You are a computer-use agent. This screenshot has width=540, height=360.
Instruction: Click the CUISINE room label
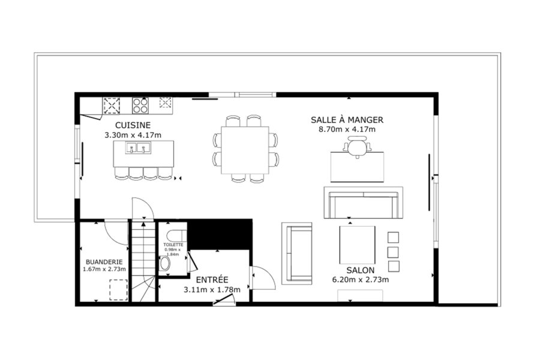coord(133,125)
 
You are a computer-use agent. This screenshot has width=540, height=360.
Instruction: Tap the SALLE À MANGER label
coord(347,120)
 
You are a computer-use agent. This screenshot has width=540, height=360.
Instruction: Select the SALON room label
coord(360,270)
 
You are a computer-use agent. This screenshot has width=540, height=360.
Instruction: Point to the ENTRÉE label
coord(212,280)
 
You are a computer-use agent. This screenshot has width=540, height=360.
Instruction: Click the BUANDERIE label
coord(104,262)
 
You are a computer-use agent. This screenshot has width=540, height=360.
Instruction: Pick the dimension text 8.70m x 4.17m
coord(347,130)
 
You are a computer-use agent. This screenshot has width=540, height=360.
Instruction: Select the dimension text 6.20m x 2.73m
coord(360,280)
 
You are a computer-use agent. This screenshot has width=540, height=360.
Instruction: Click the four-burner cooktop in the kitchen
coord(140,106)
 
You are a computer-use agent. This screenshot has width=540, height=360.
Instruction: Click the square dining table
coord(245,150)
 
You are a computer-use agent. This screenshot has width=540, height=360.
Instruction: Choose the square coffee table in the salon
coord(357,245)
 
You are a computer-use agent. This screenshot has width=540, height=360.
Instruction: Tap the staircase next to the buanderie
coord(143,262)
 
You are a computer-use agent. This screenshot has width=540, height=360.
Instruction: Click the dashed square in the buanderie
coord(119,290)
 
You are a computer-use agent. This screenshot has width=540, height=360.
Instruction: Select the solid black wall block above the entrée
coord(220,234)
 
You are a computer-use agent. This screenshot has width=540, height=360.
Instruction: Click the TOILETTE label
coord(173,245)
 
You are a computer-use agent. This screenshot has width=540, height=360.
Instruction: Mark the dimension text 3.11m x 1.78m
coord(212,290)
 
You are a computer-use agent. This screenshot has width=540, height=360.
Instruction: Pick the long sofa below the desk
coord(364,203)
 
